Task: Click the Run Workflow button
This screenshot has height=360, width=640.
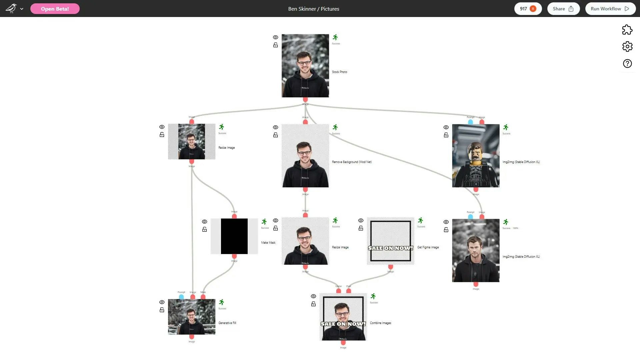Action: tap(610, 9)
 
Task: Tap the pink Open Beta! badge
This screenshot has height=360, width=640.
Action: tap(55, 9)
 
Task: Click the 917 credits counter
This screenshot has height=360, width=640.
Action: tap(528, 9)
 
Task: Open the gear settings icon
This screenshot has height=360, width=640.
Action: tap(627, 46)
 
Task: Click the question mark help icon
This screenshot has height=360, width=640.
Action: tap(627, 64)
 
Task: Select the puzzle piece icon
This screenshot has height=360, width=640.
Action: tap(627, 30)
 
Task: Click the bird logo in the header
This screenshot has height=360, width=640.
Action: tap(11, 8)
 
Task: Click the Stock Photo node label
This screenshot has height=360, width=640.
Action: tap(339, 72)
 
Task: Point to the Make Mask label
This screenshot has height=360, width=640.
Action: tap(268, 243)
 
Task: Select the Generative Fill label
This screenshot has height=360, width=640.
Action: tap(227, 323)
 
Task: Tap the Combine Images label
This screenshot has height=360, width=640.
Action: tap(380, 323)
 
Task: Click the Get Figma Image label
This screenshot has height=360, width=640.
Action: tap(428, 247)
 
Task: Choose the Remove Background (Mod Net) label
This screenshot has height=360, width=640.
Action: tap(352, 162)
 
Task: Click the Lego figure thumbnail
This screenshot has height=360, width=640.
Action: tap(476, 156)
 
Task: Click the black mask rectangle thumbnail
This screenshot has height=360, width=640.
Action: tap(234, 236)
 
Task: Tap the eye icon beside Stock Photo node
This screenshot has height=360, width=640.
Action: tap(276, 37)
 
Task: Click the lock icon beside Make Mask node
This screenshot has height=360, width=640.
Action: tap(205, 230)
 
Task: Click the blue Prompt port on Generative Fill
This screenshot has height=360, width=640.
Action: tap(181, 297)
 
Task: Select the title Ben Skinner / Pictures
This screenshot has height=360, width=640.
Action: tap(314, 9)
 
